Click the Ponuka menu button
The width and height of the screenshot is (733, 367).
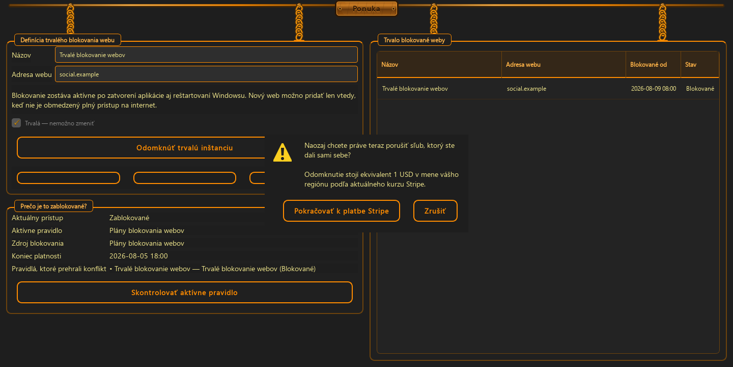click(366, 9)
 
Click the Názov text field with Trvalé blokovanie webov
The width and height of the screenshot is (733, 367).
click(206, 55)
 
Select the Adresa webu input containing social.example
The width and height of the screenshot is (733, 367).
click(206, 74)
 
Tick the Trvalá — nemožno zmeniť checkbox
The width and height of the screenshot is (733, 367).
click(16, 123)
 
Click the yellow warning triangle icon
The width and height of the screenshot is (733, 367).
click(283, 152)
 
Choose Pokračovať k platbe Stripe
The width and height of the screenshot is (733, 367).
click(341, 211)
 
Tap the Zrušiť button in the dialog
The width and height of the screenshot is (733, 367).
click(435, 211)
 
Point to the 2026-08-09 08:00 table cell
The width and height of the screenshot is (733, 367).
click(654, 89)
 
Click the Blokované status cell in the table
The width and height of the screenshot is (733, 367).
click(700, 89)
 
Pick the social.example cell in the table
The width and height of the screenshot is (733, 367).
click(526, 89)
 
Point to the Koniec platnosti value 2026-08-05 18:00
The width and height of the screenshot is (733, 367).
click(138, 256)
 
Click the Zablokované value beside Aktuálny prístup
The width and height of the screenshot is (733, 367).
click(129, 218)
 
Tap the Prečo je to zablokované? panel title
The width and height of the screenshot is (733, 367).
click(53, 206)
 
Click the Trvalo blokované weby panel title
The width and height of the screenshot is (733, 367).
click(414, 40)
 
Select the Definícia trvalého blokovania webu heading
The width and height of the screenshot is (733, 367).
click(67, 40)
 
